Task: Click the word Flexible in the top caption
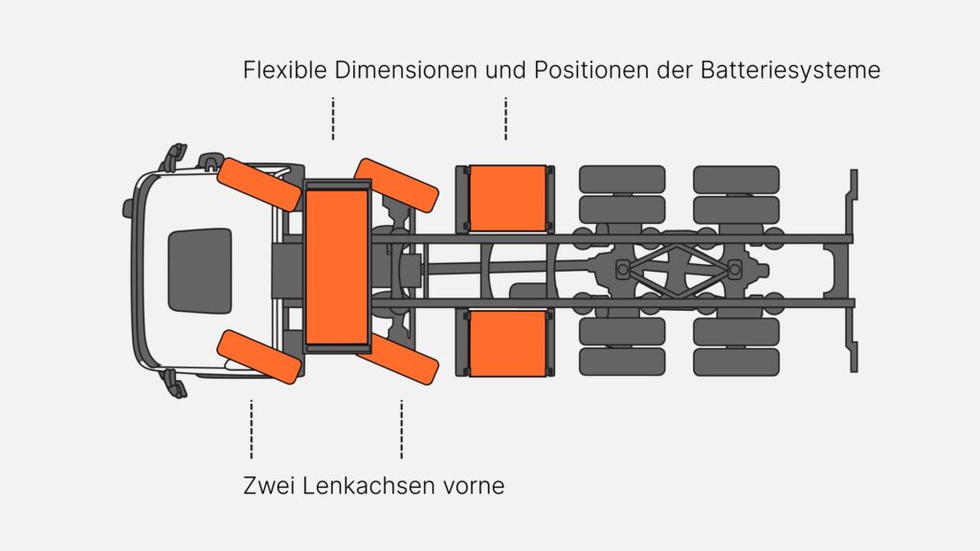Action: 285,69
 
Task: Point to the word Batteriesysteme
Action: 791,70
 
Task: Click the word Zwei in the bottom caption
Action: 269,485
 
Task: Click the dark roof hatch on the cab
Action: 200,270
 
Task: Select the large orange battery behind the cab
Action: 337,268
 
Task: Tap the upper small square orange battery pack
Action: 507,198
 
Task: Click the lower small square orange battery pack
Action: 507,343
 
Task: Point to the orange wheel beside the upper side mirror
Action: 259,185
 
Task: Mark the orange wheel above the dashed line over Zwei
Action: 259,357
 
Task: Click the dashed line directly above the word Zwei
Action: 252,430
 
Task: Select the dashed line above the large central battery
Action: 333,119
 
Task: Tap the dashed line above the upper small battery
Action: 505,119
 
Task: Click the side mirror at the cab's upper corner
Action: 174,157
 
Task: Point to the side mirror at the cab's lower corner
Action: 174,384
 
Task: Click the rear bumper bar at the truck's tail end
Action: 852,271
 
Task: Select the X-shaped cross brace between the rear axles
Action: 679,270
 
